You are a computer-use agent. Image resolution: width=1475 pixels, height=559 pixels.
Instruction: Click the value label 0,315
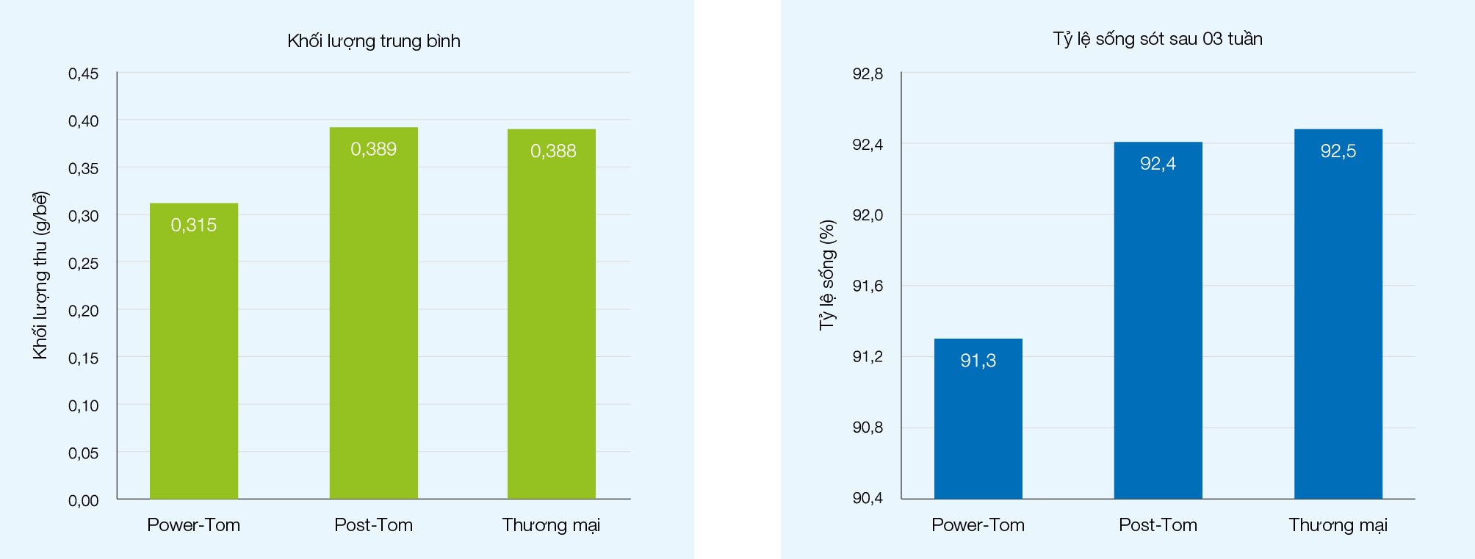point(194,225)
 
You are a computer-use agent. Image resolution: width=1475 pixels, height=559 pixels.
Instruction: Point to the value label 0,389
point(373,149)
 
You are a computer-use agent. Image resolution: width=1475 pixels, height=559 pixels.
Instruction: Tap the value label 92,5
point(1338,151)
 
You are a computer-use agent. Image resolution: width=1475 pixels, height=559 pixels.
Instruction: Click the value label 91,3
point(978,361)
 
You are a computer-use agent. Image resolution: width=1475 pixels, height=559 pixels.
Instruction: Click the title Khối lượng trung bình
point(374,41)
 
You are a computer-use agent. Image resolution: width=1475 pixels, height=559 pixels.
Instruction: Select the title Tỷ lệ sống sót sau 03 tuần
point(1158,39)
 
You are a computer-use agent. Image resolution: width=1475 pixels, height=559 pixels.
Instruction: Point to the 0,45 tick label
point(83,73)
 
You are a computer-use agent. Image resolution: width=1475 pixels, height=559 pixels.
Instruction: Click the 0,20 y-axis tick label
point(83,311)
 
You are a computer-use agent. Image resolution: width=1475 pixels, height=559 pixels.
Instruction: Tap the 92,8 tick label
point(868,73)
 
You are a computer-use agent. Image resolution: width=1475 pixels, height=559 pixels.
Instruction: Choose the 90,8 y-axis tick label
point(868,428)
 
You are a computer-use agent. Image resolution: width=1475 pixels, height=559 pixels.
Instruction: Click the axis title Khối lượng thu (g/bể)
point(40,275)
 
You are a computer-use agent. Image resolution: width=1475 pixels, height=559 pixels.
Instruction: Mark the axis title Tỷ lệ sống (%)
point(827,275)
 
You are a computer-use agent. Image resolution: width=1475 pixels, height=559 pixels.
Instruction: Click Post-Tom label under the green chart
point(373,525)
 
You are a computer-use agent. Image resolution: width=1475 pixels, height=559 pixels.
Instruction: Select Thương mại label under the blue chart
point(1338,525)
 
